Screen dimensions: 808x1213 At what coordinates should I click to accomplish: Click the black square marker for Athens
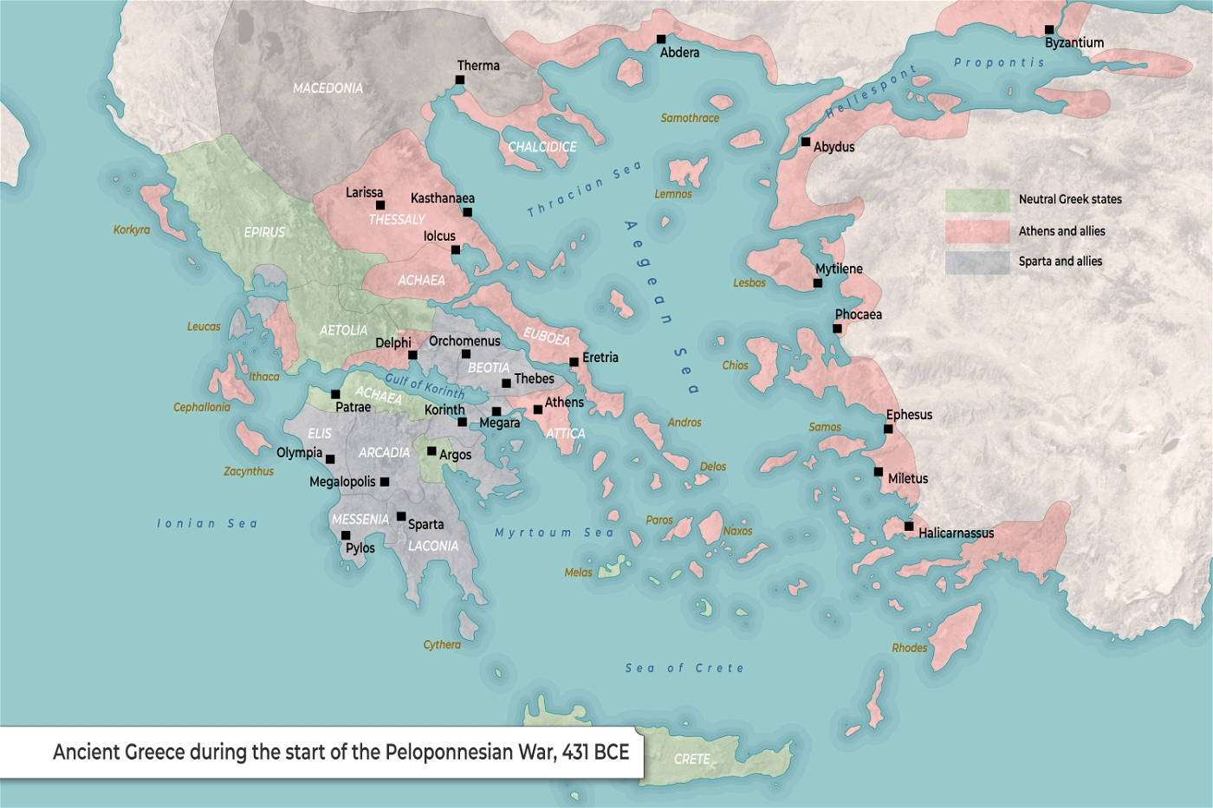pyautogui.click(x=538, y=410)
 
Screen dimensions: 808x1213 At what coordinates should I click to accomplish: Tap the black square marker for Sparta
pyautogui.click(x=401, y=517)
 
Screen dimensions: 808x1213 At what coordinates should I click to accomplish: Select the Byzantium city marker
pyautogui.click(x=1049, y=29)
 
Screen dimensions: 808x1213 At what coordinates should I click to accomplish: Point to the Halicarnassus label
pyautogui.click(x=956, y=533)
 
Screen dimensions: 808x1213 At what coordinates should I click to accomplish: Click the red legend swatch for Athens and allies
pyautogui.click(x=976, y=231)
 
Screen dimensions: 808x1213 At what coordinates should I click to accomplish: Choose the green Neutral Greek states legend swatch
pyautogui.click(x=976, y=200)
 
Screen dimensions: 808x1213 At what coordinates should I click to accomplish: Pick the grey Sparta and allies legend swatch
pyautogui.click(x=976, y=262)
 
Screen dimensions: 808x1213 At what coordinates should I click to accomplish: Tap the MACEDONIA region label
pyautogui.click(x=328, y=88)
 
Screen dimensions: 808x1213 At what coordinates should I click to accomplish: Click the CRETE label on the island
pyautogui.click(x=691, y=760)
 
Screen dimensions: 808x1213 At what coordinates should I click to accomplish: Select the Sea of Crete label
pyautogui.click(x=684, y=669)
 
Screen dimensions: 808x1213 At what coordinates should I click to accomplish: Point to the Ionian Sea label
pyautogui.click(x=207, y=524)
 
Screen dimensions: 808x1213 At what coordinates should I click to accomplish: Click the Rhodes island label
pyautogui.click(x=909, y=649)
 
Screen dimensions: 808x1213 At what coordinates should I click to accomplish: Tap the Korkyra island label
pyautogui.click(x=132, y=230)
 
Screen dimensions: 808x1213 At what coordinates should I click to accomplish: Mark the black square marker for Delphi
pyautogui.click(x=412, y=355)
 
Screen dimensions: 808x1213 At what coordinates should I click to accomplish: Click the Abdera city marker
pyautogui.click(x=661, y=39)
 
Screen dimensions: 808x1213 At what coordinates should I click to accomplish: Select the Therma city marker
pyautogui.click(x=460, y=80)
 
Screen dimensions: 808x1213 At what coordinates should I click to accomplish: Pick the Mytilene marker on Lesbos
pyautogui.click(x=817, y=283)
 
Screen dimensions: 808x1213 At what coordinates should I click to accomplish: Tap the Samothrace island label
pyautogui.click(x=690, y=119)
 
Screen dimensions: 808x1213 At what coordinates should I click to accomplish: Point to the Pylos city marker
pyautogui.click(x=346, y=535)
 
